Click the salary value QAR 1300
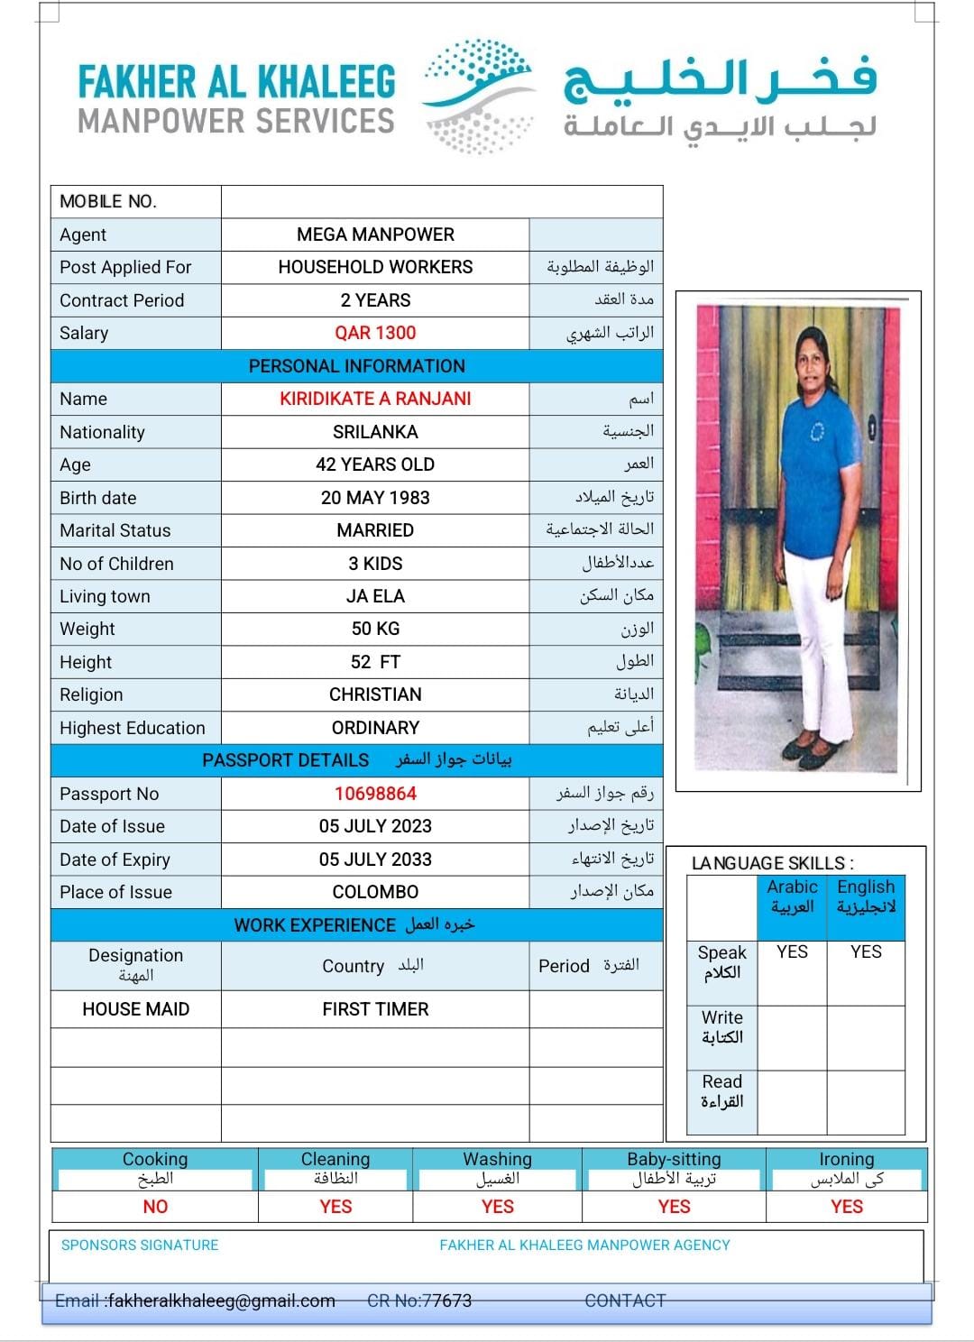(x=375, y=333)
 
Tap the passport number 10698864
(x=375, y=794)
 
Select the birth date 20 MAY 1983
(x=375, y=498)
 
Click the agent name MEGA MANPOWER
(x=375, y=234)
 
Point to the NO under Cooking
(x=155, y=1207)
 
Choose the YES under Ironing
(x=846, y=1207)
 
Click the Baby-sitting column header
(x=674, y=1160)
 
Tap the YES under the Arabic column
(x=792, y=952)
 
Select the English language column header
(x=866, y=896)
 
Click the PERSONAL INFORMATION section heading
(x=357, y=366)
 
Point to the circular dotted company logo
(x=479, y=94)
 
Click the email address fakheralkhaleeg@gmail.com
(x=221, y=1301)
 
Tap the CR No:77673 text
(x=419, y=1301)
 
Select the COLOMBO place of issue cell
(x=375, y=892)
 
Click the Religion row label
(x=91, y=694)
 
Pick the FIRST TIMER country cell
(x=375, y=1009)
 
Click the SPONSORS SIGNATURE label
(x=140, y=1245)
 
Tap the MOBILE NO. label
(x=108, y=202)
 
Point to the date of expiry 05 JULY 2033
(x=375, y=859)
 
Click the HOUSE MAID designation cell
(x=136, y=1009)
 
